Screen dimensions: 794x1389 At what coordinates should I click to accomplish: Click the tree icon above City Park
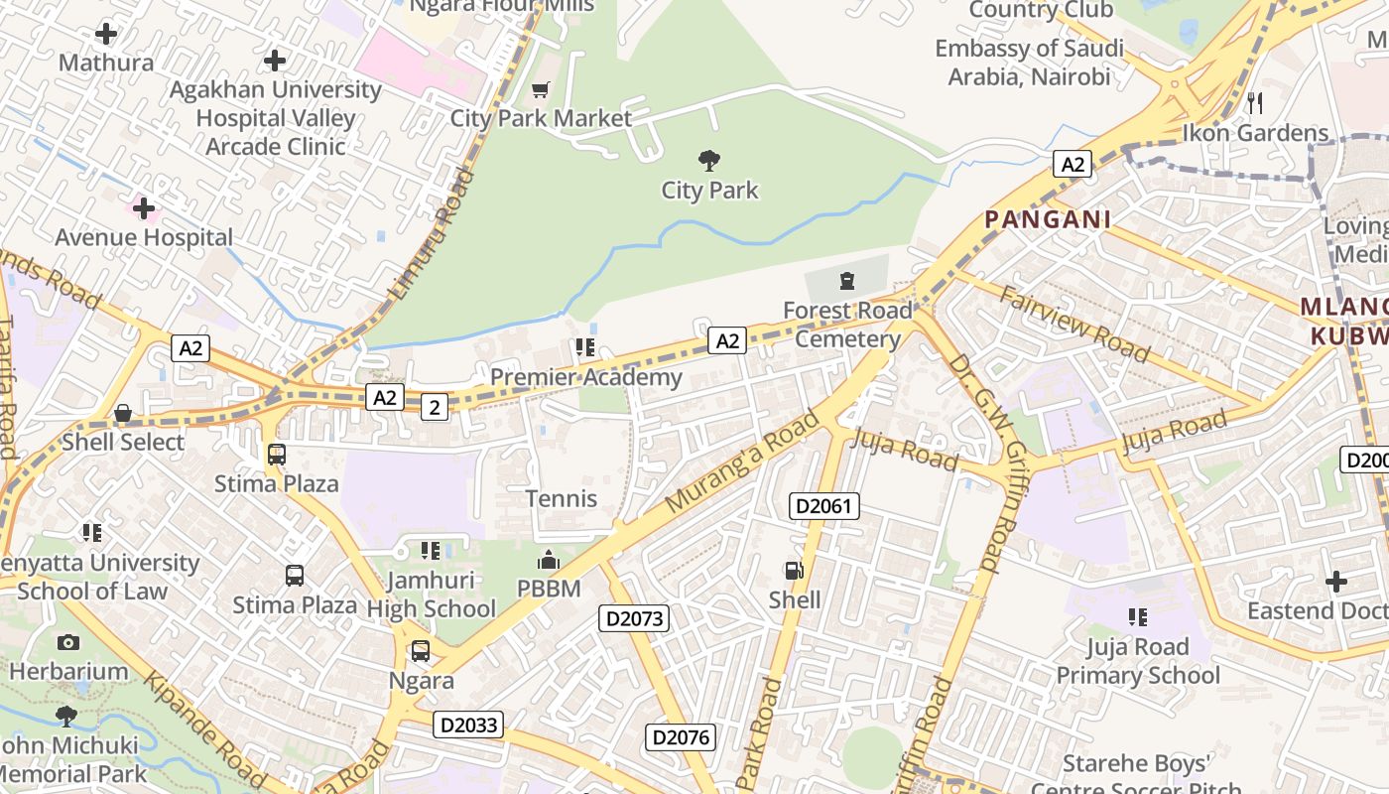point(708,160)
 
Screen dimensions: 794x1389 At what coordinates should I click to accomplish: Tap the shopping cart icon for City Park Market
point(541,90)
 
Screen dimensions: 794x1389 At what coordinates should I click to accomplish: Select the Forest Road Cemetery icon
point(847,281)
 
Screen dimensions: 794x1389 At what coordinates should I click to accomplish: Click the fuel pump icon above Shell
point(794,570)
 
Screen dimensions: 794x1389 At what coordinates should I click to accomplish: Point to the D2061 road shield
point(824,506)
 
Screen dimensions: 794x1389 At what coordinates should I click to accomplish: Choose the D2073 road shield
point(635,618)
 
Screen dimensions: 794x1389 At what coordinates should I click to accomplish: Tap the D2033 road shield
point(468,725)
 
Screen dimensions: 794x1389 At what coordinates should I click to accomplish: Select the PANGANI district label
point(1048,219)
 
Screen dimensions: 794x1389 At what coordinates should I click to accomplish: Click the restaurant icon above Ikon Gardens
point(1255,102)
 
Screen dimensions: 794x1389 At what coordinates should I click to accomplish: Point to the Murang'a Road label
point(743,462)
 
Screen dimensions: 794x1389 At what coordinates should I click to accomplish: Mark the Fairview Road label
point(1074,324)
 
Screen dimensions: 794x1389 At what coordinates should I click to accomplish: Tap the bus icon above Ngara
point(421,651)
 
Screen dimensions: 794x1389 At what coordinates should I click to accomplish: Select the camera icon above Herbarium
point(68,642)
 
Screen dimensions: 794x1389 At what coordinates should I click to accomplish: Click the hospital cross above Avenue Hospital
point(144,208)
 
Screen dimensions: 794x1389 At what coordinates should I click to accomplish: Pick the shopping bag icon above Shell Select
point(123,413)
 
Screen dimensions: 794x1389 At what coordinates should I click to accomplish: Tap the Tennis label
point(562,498)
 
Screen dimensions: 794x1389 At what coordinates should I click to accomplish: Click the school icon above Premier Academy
point(584,347)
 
